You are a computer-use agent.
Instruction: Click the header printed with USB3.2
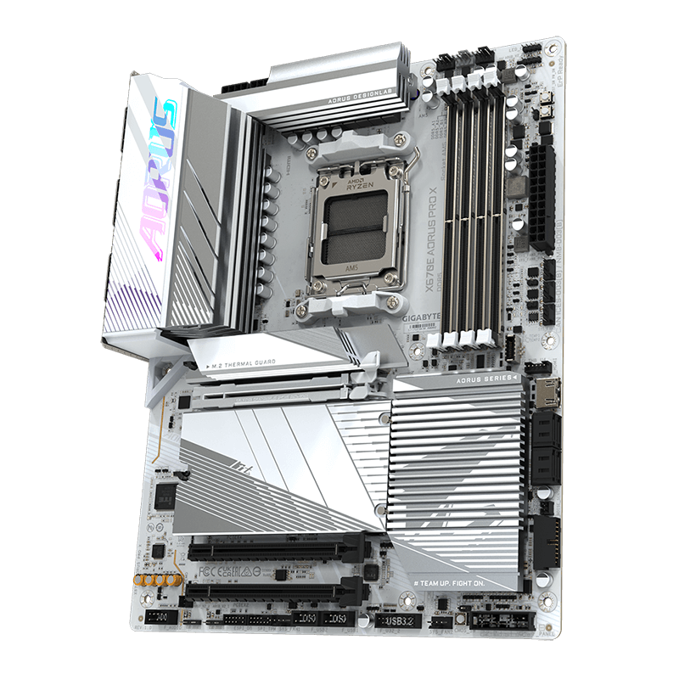click(x=397, y=623)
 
